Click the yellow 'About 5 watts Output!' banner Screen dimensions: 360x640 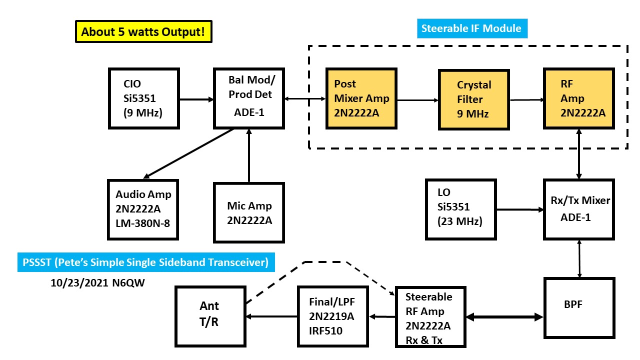click(x=142, y=32)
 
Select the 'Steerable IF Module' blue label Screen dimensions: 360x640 click(x=471, y=28)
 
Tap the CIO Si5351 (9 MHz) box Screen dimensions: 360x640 click(x=144, y=99)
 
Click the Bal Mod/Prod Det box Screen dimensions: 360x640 click(x=248, y=99)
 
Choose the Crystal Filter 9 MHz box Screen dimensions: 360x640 click(x=473, y=99)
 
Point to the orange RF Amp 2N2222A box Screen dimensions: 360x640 click(x=579, y=99)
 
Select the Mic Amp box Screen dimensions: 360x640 click(x=249, y=213)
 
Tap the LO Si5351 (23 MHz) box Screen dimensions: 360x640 click(x=459, y=209)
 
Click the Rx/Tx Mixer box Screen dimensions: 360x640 click(x=579, y=209)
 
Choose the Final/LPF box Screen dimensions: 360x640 click(x=332, y=316)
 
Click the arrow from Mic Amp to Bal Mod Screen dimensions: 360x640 click(x=248, y=155)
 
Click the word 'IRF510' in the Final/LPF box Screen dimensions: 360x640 click(x=326, y=330)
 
